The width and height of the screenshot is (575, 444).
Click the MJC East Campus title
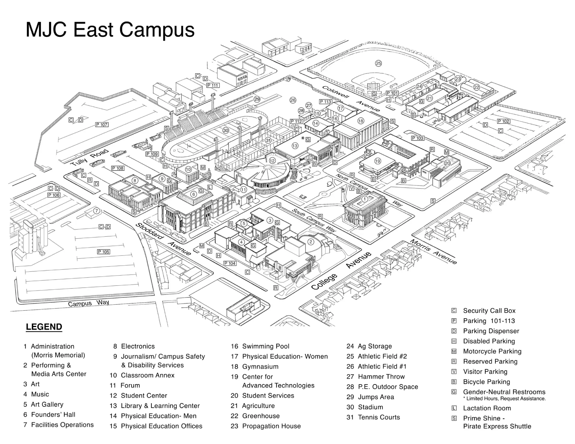(x=110, y=30)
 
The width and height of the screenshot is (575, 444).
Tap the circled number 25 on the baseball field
(x=379, y=63)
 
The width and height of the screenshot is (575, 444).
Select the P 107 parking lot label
(x=102, y=124)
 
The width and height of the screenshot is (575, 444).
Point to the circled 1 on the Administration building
(x=364, y=199)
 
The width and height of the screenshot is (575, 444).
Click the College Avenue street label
(x=341, y=271)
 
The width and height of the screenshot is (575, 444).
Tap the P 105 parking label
(x=104, y=252)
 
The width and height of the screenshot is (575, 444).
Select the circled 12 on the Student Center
(x=272, y=161)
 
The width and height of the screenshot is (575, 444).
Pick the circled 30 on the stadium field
(x=226, y=130)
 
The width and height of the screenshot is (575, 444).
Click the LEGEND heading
(x=44, y=327)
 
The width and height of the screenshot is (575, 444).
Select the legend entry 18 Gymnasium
(x=255, y=367)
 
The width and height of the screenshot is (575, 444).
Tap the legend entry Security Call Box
(x=489, y=311)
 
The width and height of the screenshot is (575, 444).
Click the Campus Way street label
(x=88, y=303)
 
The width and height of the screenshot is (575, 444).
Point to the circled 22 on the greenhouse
(x=476, y=87)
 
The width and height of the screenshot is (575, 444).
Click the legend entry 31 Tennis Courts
(x=373, y=417)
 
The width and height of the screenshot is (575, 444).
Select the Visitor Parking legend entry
(x=485, y=372)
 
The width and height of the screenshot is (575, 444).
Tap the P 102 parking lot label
(x=503, y=121)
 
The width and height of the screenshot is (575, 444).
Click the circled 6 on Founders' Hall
(x=194, y=194)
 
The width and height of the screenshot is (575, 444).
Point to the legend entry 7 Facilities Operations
(x=59, y=425)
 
